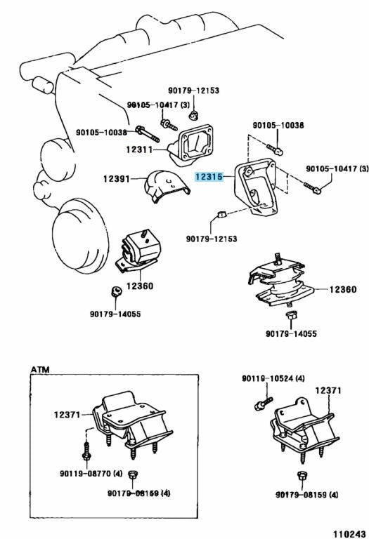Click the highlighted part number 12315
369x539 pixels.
pos(209,178)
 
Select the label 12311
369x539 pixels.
pos(141,149)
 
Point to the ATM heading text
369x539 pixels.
pos(39,368)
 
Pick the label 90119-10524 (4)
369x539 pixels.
pos(272,379)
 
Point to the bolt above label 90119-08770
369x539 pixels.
pos(84,451)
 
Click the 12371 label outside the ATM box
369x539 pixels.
pos(328,390)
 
